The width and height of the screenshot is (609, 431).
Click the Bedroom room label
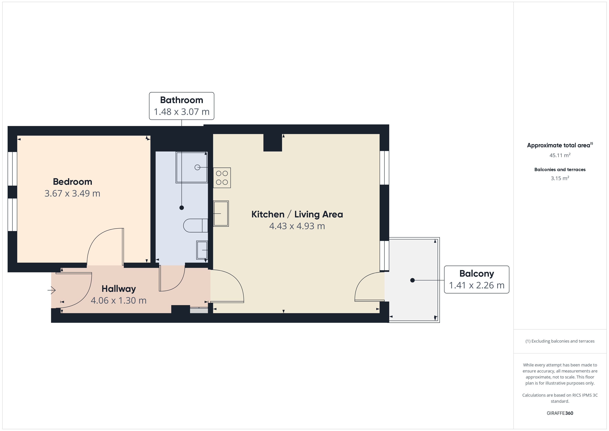pyautogui.click(x=72, y=182)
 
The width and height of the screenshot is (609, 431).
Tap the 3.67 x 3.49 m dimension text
pyautogui.click(x=72, y=193)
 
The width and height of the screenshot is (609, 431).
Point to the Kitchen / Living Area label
pyautogui.click(x=297, y=214)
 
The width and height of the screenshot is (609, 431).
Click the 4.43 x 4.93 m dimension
pyautogui.click(x=297, y=226)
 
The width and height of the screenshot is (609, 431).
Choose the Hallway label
pyautogui.click(x=119, y=289)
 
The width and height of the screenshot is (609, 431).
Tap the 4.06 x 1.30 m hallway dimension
pyautogui.click(x=119, y=300)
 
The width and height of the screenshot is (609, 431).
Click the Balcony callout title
pyautogui.click(x=477, y=274)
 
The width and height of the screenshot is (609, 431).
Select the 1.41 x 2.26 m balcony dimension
pyautogui.click(x=477, y=285)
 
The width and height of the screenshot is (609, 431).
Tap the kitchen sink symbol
pyautogui.click(x=221, y=214)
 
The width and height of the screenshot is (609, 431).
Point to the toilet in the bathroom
pyautogui.click(x=195, y=225)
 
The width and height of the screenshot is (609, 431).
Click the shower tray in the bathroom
pyautogui.click(x=191, y=167)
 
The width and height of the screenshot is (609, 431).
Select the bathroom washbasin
pyautogui.click(x=202, y=250)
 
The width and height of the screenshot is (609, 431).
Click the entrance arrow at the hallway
pyautogui.click(x=51, y=290)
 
